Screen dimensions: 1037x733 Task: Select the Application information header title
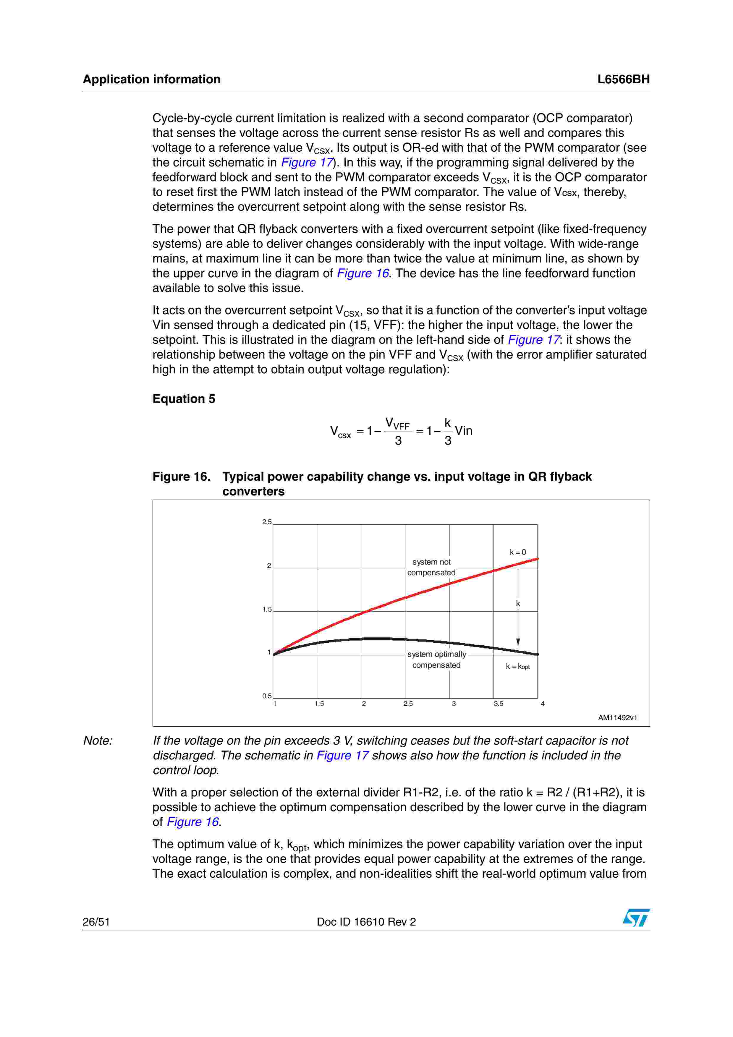(151, 80)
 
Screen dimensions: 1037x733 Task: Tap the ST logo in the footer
(636, 918)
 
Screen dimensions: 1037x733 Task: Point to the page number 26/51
(96, 922)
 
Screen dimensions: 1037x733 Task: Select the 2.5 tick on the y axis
(267, 522)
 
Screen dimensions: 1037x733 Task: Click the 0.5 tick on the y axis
(267, 696)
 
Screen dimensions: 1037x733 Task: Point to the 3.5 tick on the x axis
(498, 704)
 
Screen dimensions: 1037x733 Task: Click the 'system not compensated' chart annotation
(431, 567)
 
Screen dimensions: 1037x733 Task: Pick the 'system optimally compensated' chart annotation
(436, 660)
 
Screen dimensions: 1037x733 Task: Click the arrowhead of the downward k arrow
(518, 642)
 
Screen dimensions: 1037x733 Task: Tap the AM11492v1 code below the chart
(617, 718)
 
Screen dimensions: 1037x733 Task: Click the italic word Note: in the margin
(98, 741)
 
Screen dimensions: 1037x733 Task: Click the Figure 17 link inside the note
(342, 756)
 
